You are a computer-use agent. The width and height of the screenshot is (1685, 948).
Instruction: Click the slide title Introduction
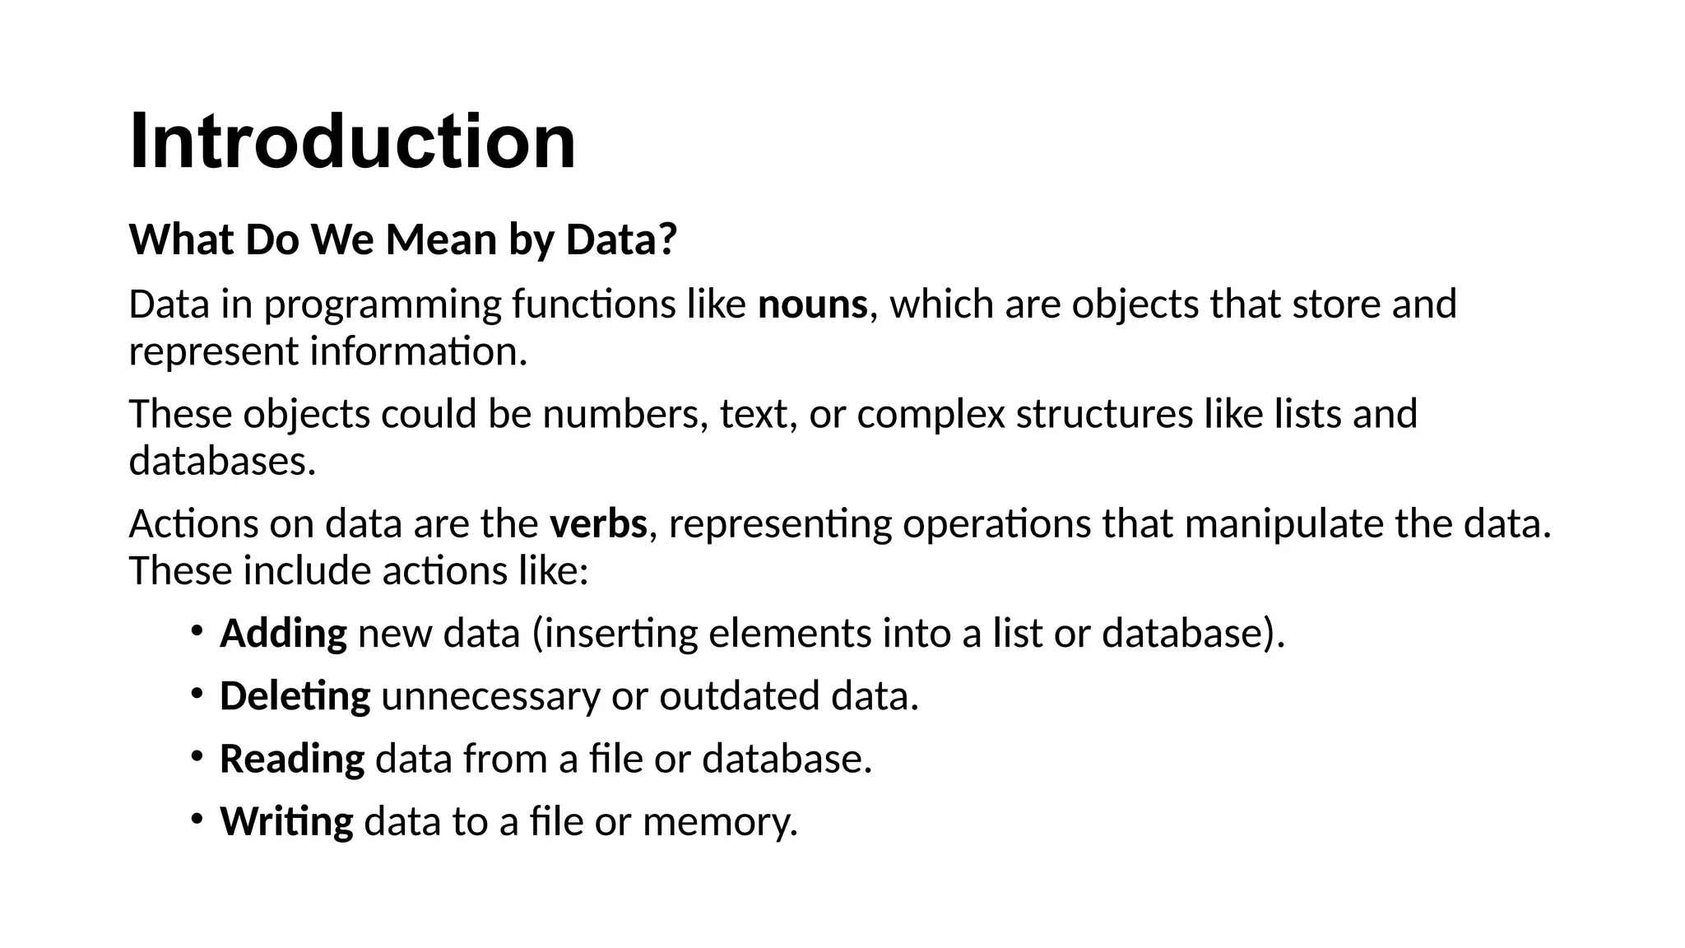click(352, 142)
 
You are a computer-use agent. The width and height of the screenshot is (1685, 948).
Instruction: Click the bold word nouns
click(812, 304)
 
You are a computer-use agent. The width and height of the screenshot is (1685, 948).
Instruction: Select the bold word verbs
click(598, 524)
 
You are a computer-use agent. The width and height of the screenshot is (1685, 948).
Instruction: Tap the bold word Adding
click(283, 634)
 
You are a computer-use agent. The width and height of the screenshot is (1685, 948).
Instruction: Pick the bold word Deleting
click(295, 696)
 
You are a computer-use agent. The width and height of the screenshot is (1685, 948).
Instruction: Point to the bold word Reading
click(291, 759)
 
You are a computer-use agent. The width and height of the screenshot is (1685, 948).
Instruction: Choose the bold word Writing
click(286, 821)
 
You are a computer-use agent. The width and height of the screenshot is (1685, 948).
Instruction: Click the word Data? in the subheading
click(621, 240)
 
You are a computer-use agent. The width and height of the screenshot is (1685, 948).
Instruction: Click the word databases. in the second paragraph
click(222, 461)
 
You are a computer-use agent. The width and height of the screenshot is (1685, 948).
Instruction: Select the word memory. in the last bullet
click(720, 822)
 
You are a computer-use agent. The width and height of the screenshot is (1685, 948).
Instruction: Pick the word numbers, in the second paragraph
click(625, 414)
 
